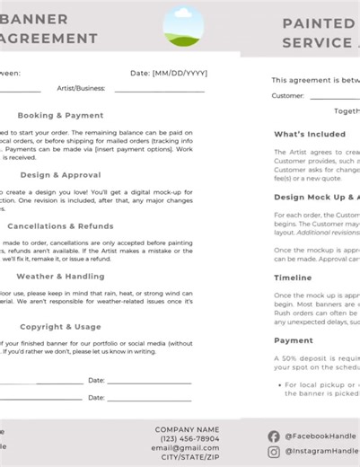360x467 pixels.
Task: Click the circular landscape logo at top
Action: pyautogui.click(x=183, y=26)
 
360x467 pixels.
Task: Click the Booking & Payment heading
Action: pyautogui.click(x=60, y=115)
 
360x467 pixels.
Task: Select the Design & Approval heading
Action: pyautogui.click(x=60, y=175)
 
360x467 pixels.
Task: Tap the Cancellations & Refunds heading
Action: pyautogui.click(x=60, y=226)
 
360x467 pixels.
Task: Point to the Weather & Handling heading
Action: pyautogui.click(x=60, y=277)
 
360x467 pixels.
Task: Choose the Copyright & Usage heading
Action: pyautogui.click(x=60, y=327)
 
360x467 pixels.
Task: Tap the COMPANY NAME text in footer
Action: pyautogui.click(x=187, y=429)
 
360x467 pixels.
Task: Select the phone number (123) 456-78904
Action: pyautogui.click(x=187, y=438)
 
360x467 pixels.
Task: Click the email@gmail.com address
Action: pyautogui.click(x=185, y=447)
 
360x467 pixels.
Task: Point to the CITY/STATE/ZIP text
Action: pyautogui.click(x=187, y=457)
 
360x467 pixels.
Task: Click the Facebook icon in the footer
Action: pyautogui.click(x=274, y=436)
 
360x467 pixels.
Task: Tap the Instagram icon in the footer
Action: pyautogui.click(x=274, y=451)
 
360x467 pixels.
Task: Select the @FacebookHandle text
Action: pyautogui.click(x=321, y=436)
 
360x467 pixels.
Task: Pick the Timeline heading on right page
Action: pyautogui.click(x=293, y=278)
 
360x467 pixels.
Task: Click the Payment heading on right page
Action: pyautogui.click(x=293, y=340)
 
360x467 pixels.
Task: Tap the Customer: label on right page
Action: pyautogui.click(x=287, y=95)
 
